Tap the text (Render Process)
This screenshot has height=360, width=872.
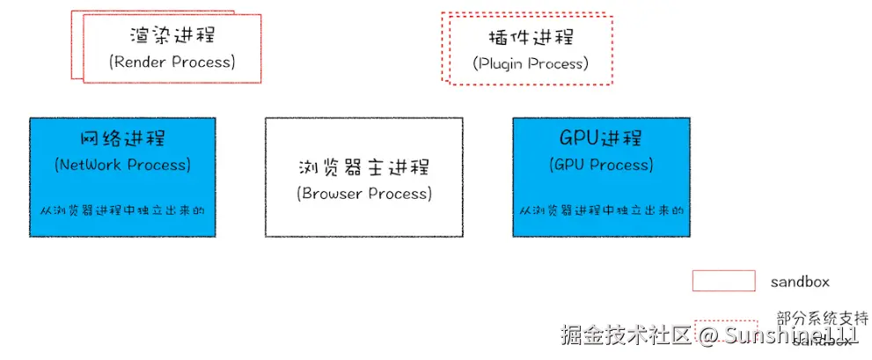(x=172, y=62)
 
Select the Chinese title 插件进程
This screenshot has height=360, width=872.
(x=530, y=38)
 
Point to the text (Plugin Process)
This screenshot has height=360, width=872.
(x=531, y=63)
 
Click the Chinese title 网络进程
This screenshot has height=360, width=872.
(x=122, y=139)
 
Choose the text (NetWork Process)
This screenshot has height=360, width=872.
(x=122, y=165)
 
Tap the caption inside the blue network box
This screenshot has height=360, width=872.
(x=122, y=211)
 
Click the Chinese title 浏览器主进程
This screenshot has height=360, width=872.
(x=364, y=167)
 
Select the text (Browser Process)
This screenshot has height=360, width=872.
(x=364, y=194)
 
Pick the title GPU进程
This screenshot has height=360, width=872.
(x=601, y=138)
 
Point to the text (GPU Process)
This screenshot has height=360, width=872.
(x=601, y=165)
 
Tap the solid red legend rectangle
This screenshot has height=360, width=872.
(x=724, y=281)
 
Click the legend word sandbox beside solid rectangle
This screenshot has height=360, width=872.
(x=800, y=282)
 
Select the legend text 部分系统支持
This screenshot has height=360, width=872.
(x=823, y=318)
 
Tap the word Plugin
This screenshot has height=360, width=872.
(x=501, y=63)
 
